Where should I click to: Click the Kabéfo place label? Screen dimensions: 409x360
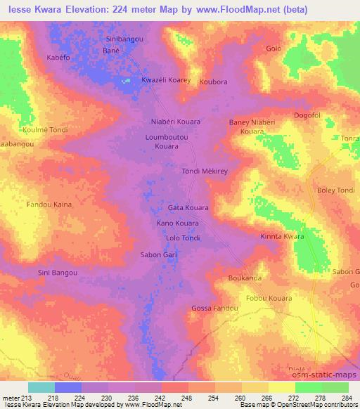tap(59, 57)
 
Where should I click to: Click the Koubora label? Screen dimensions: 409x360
tap(214, 82)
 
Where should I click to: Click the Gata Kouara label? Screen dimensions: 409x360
tap(188, 209)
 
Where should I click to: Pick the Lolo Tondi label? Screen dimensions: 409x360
tap(183, 238)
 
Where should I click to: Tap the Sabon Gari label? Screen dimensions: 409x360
tap(157, 254)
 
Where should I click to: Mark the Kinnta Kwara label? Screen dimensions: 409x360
tap(282, 237)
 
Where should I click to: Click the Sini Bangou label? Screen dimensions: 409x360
tap(57, 272)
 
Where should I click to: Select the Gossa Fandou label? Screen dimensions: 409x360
tap(215, 309)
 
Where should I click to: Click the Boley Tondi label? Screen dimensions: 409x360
tap(336, 190)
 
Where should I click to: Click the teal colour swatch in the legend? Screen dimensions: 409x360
tap(41, 387)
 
